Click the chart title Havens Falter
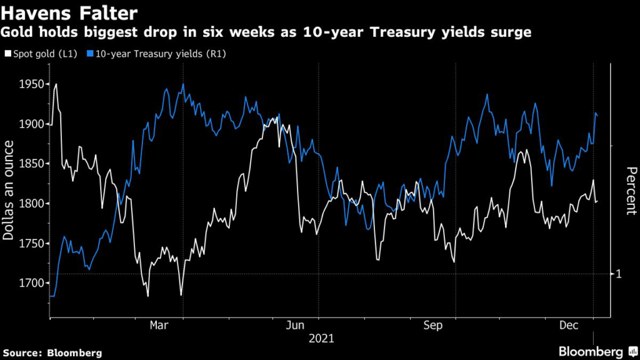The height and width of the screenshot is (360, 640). [72, 12]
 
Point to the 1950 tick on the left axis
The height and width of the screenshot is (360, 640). [31, 84]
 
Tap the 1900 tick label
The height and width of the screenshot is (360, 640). [31, 124]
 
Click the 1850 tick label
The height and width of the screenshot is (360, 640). [31, 164]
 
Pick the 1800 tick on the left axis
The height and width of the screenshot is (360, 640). [31, 204]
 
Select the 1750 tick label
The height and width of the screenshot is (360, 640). [31, 244]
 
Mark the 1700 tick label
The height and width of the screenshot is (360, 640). [31, 284]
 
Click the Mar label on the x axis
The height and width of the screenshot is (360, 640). [159, 326]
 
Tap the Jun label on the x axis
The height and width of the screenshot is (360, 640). [295, 326]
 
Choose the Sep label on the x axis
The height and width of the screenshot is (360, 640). [432, 326]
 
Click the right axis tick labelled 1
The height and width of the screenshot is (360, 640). [619, 274]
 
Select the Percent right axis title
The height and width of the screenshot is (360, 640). [631, 191]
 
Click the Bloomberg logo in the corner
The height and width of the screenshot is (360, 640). [599, 352]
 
